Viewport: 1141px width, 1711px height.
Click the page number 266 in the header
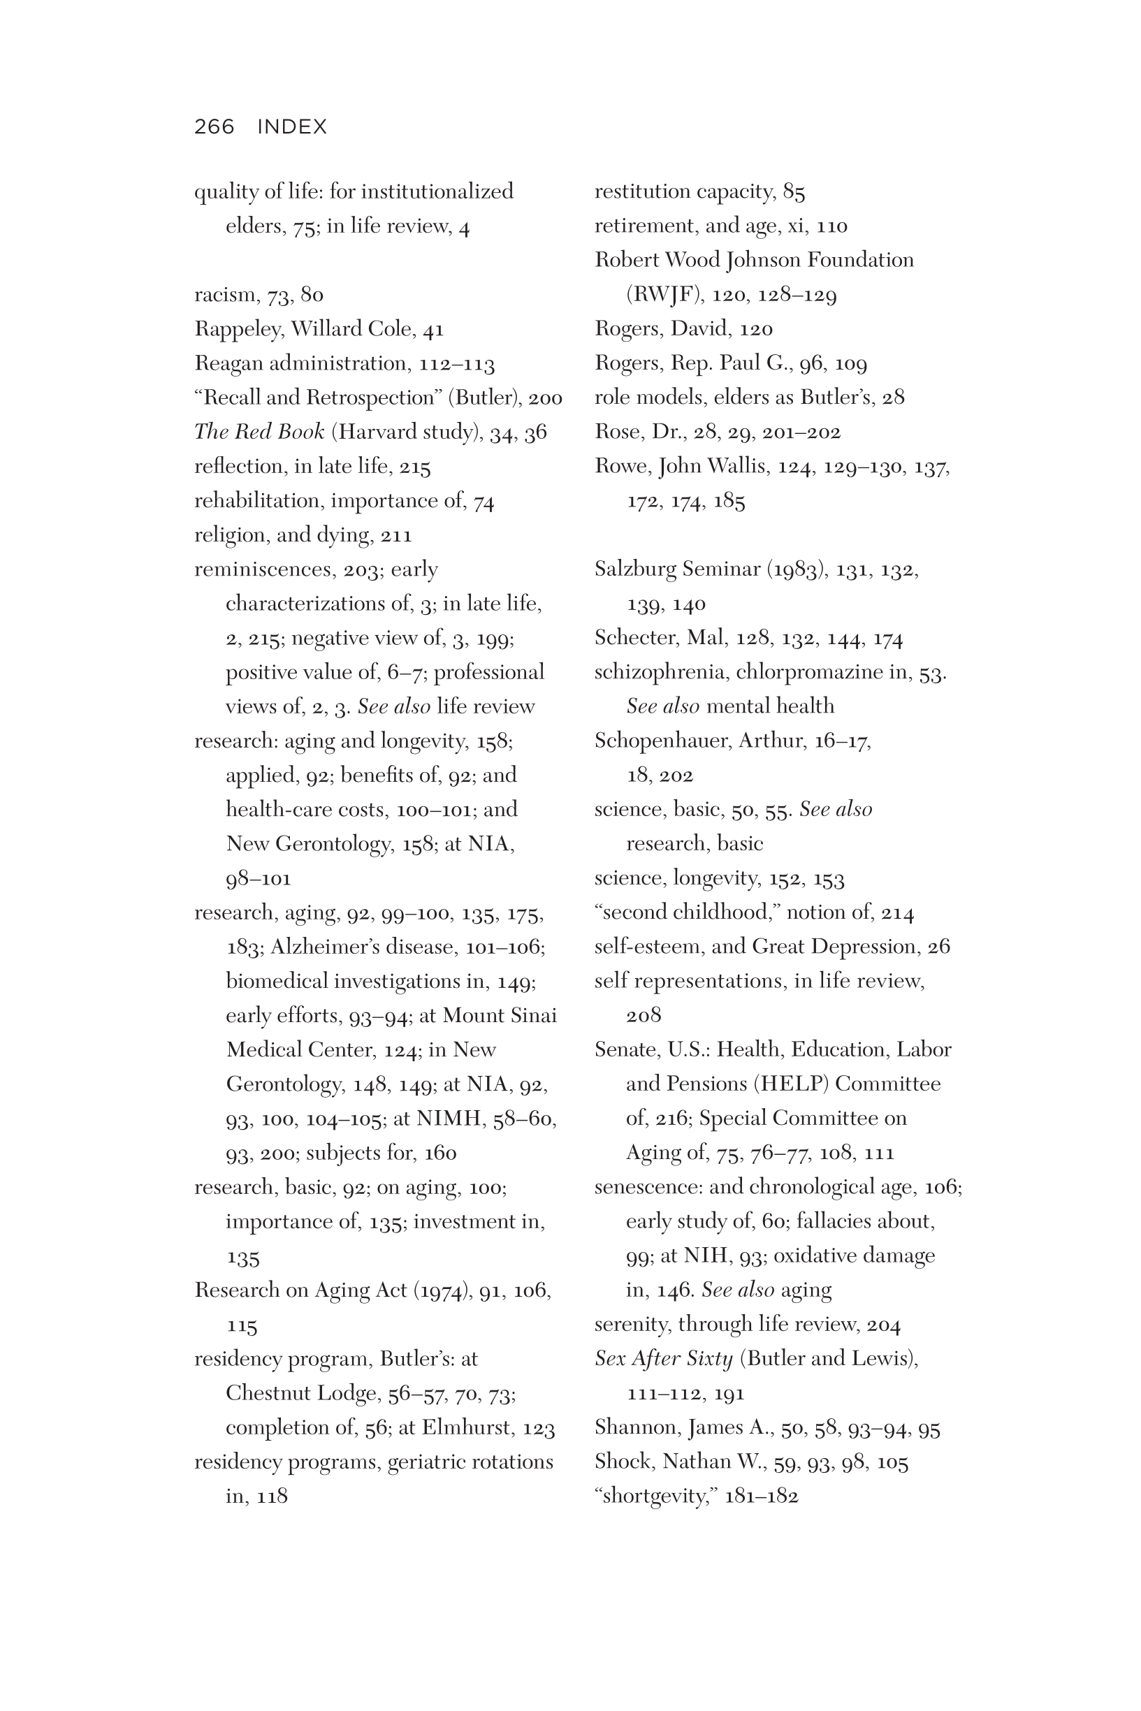point(214,126)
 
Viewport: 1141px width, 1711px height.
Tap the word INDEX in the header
point(292,126)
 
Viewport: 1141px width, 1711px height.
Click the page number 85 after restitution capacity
point(794,192)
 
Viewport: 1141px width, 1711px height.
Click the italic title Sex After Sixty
point(664,1358)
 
